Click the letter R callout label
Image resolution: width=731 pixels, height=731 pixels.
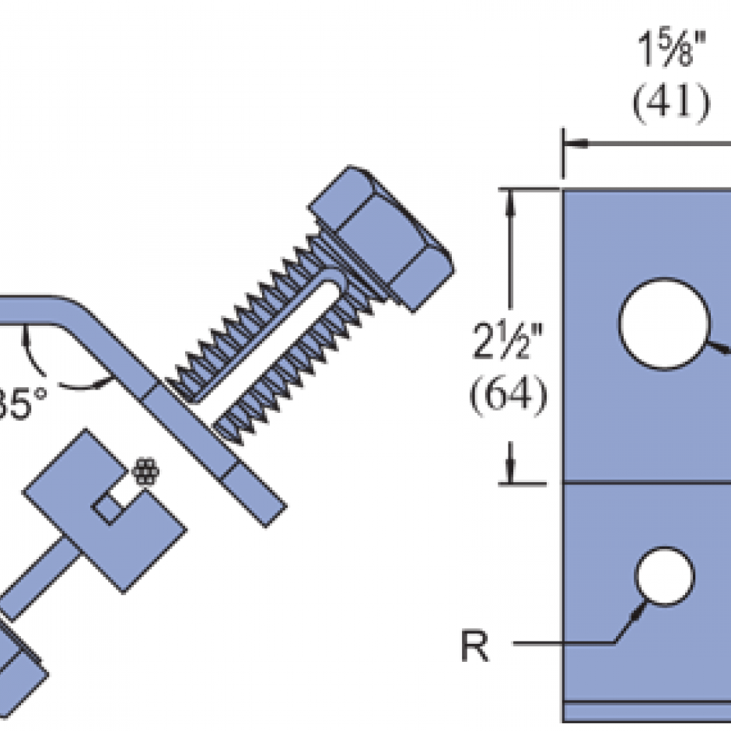(x=475, y=645)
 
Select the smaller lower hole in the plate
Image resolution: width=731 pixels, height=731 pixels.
(x=664, y=576)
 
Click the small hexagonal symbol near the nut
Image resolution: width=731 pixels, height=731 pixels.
(x=146, y=473)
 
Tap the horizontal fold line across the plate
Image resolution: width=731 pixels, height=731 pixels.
(x=645, y=483)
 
